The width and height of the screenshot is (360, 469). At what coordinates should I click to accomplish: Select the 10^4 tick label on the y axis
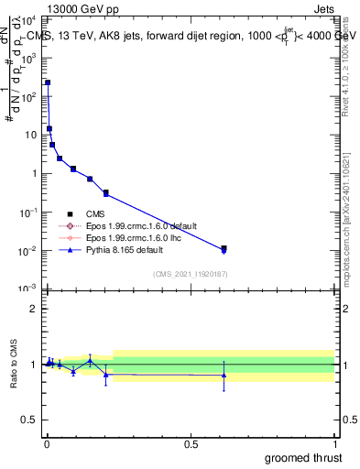27,19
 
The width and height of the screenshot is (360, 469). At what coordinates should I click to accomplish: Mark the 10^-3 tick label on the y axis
27,289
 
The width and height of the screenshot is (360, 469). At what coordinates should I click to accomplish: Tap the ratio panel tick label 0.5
28,420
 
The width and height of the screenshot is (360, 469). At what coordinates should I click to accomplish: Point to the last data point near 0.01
224,248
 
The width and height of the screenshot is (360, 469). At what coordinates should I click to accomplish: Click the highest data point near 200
48,82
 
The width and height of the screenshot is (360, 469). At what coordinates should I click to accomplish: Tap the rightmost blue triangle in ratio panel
224,375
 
